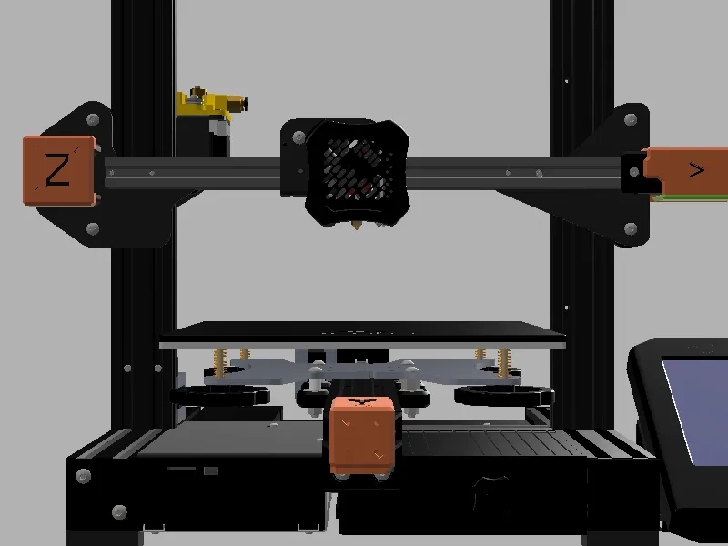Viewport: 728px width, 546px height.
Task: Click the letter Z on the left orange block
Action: (57, 170)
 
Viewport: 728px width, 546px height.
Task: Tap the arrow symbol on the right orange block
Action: (696, 169)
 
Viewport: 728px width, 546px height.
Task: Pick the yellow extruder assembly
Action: (211, 104)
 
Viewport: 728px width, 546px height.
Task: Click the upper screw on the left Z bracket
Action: (92, 119)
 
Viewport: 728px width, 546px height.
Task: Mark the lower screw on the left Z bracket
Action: (92, 228)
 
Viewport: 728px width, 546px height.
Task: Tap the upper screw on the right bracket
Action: (631, 119)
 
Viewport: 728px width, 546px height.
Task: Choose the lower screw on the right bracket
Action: (631, 228)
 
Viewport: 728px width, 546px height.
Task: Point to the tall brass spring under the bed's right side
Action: (503, 361)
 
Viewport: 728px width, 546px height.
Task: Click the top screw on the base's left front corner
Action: (84, 475)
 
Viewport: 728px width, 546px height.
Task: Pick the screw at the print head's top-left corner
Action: (298, 136)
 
